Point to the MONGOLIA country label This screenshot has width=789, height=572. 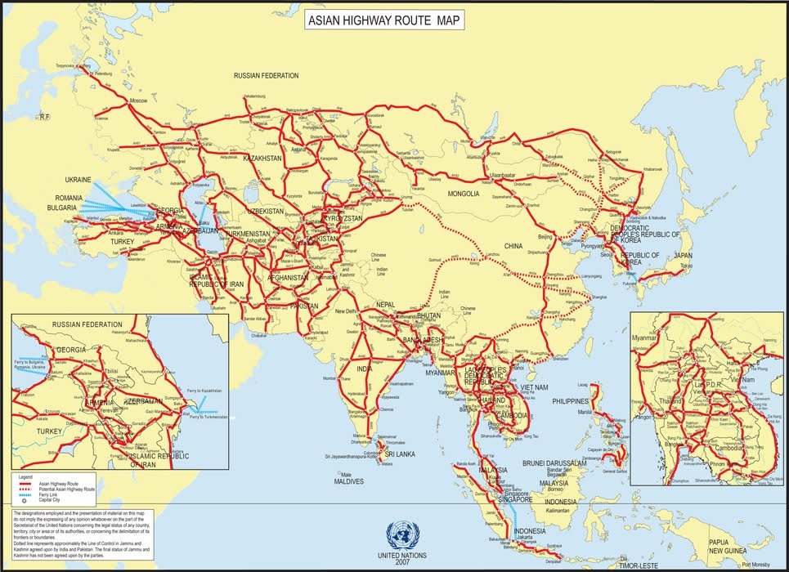[463, 194]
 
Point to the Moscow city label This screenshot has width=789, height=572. [138, 100]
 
